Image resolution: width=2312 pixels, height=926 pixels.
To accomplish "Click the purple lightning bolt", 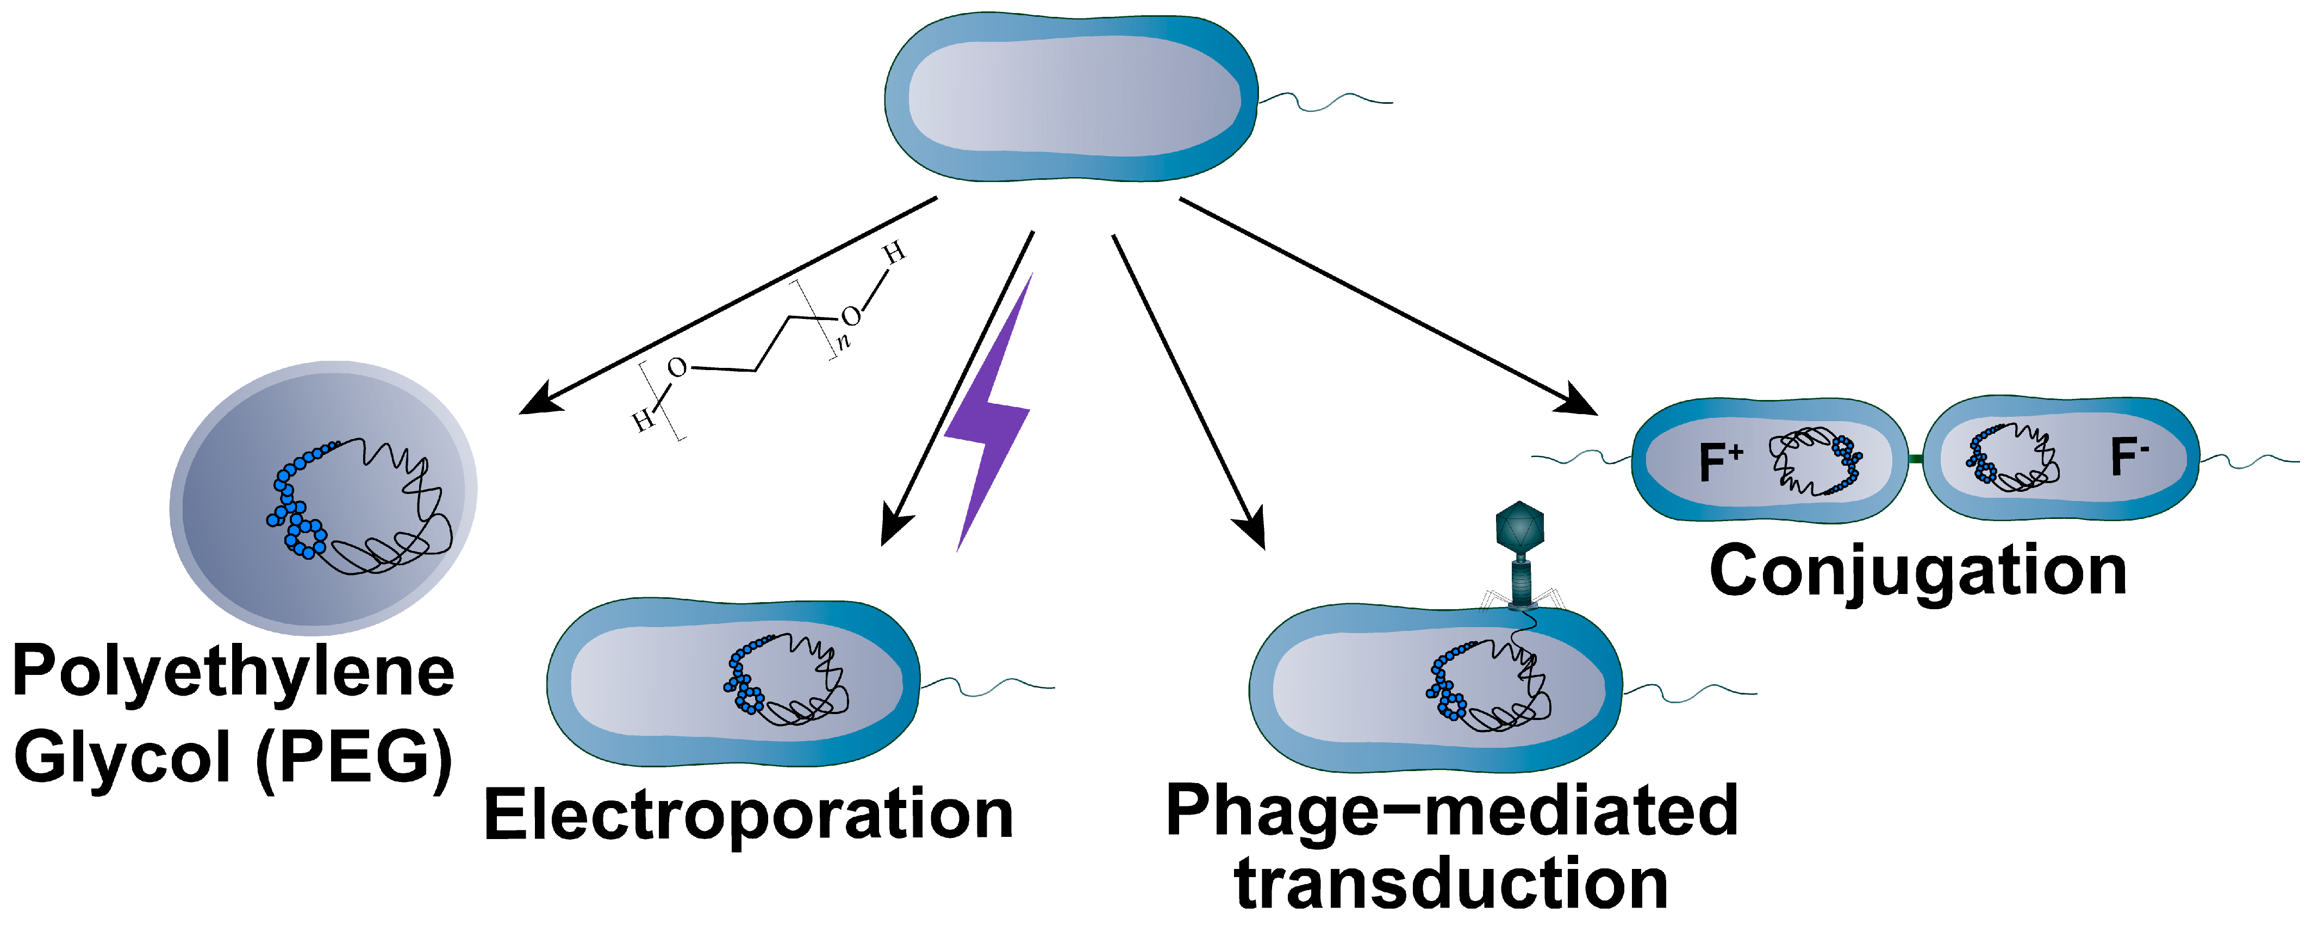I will tap(987, 422).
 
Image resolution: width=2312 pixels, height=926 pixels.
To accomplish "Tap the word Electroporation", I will tap(747, 815).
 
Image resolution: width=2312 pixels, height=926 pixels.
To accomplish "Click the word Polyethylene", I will tap(233, 673).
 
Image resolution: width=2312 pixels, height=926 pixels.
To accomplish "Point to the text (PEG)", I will tap(354, 758).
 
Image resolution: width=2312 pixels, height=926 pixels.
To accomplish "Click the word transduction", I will tap(1451, 884).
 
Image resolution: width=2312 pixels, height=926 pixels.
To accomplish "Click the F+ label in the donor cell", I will tap(1719, 461).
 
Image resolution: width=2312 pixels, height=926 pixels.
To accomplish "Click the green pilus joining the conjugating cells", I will tap(1915, 459).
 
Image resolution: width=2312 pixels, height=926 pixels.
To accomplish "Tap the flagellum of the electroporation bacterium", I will tap(987, 686).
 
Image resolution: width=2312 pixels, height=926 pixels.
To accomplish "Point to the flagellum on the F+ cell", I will tap(1580, 459).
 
